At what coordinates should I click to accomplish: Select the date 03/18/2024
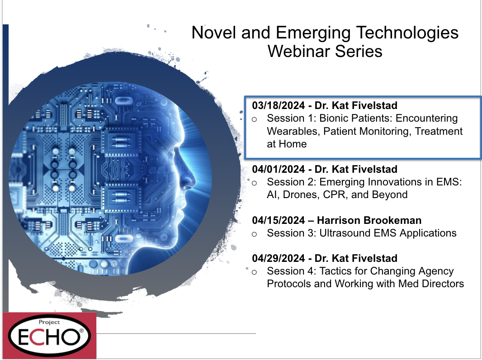coord(278,105)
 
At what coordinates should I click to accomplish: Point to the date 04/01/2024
coord(278,169)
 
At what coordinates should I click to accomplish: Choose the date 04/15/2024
coord(278,220)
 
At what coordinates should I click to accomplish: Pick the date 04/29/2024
coord(278,258)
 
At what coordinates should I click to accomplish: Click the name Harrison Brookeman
coord(369,220)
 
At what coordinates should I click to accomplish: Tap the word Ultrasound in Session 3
coord(342,233)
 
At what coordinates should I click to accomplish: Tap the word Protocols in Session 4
coord(289,284)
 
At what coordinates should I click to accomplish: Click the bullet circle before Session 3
coord(254,234)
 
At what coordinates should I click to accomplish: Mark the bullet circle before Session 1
coord(254,119)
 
